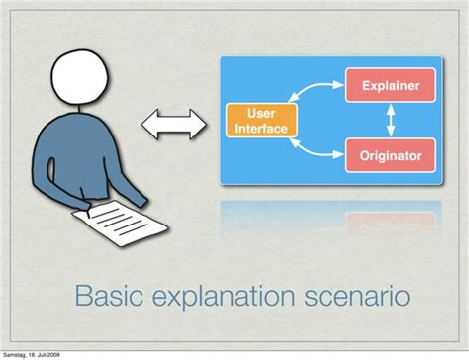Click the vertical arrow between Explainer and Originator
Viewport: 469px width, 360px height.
[390, 121]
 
